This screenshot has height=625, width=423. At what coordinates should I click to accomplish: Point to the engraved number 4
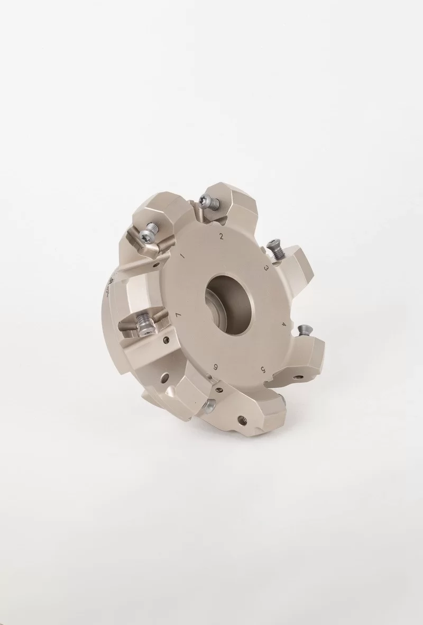(284, 323)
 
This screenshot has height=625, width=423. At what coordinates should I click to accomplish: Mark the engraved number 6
(216, 367)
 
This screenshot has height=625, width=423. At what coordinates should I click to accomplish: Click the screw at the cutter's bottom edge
(208, 406)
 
